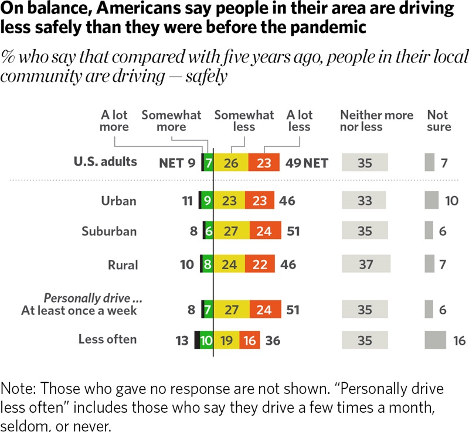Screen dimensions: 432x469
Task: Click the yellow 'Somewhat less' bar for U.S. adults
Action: point(231,162)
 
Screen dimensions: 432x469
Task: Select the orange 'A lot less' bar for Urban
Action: point(260,201)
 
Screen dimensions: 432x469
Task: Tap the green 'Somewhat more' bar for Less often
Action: point(206,340)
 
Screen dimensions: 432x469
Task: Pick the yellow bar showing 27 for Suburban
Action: point(232,231)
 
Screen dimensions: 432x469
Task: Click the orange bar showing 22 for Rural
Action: point(259,265)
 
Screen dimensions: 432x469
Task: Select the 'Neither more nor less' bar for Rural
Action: point(366,265)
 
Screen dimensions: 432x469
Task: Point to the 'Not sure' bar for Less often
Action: point(434,340)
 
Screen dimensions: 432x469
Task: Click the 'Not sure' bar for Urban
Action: point(431,201)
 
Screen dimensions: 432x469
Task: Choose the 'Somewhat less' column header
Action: point(244,121)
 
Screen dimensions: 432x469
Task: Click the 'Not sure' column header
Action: point(439,121)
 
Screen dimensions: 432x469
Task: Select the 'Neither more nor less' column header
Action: point(376,121)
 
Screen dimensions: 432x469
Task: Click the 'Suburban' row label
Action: point(109,231)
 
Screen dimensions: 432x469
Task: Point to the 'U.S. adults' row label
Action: point(106,162)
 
